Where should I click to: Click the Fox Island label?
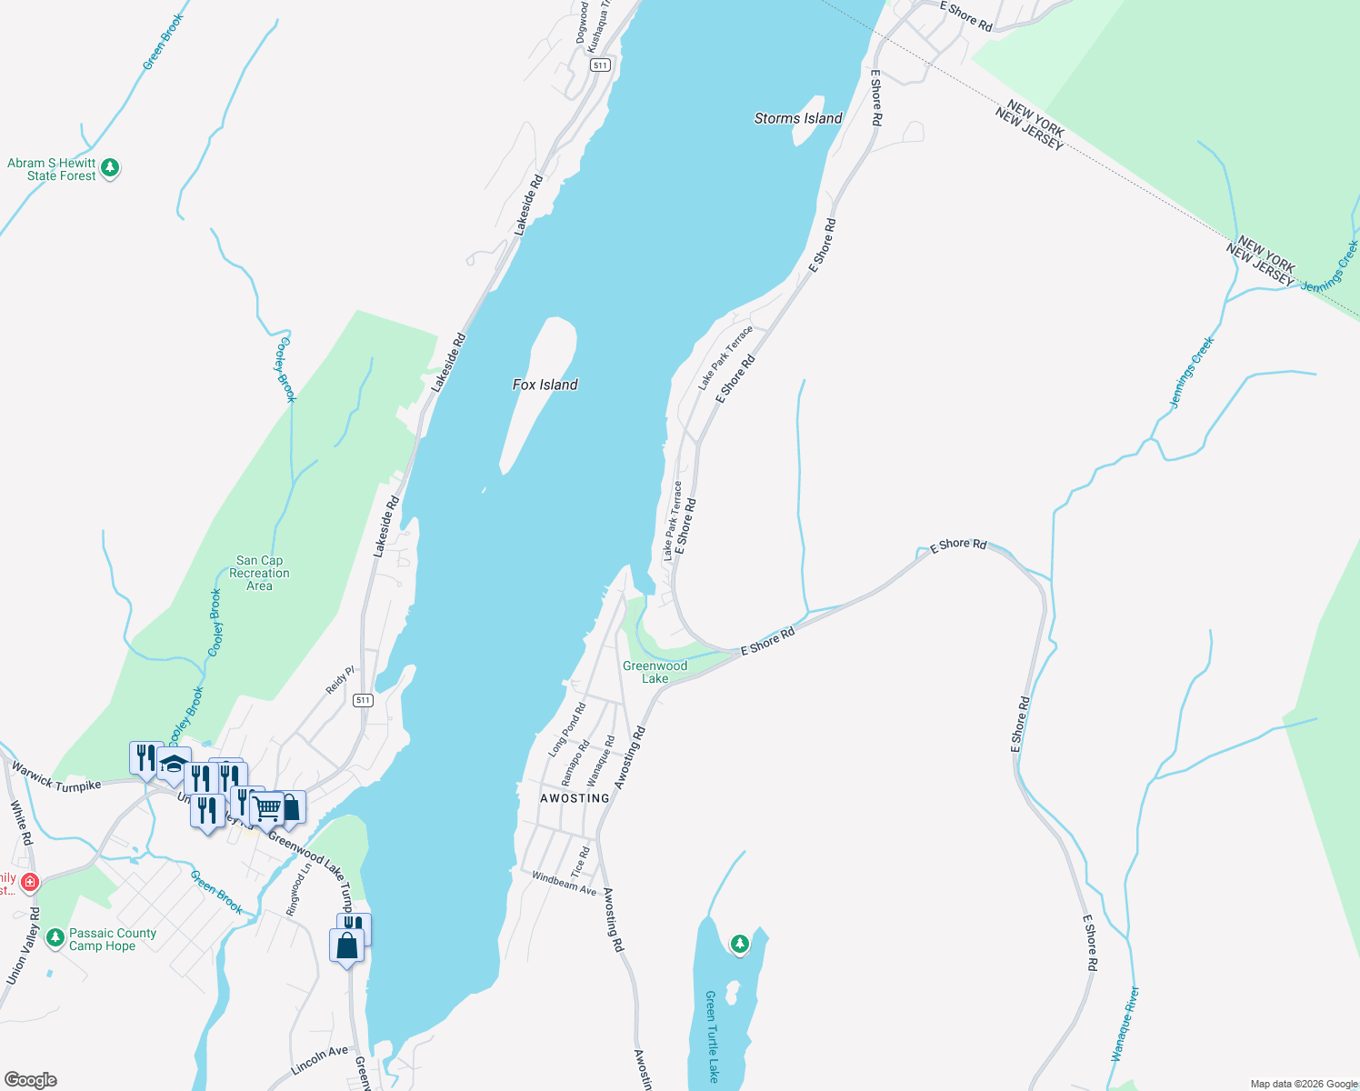point(545,385)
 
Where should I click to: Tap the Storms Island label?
point(798,118)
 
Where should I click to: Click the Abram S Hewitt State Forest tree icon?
point(110,167)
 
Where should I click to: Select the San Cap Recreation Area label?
point(259,573)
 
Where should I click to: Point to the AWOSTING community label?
point(575,798)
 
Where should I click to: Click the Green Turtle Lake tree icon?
point(740,944)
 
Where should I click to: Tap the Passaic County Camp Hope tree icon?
point(55,936)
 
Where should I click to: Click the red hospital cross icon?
point(30,882)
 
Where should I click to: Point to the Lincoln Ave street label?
point(320,1060)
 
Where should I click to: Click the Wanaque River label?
point(1125,1024)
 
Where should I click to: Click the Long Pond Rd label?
point(567,729)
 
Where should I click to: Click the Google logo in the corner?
point(31,1080)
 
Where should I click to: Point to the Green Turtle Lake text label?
point(712,1036)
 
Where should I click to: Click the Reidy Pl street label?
point(340,680)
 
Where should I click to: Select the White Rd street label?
point(21,823)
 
